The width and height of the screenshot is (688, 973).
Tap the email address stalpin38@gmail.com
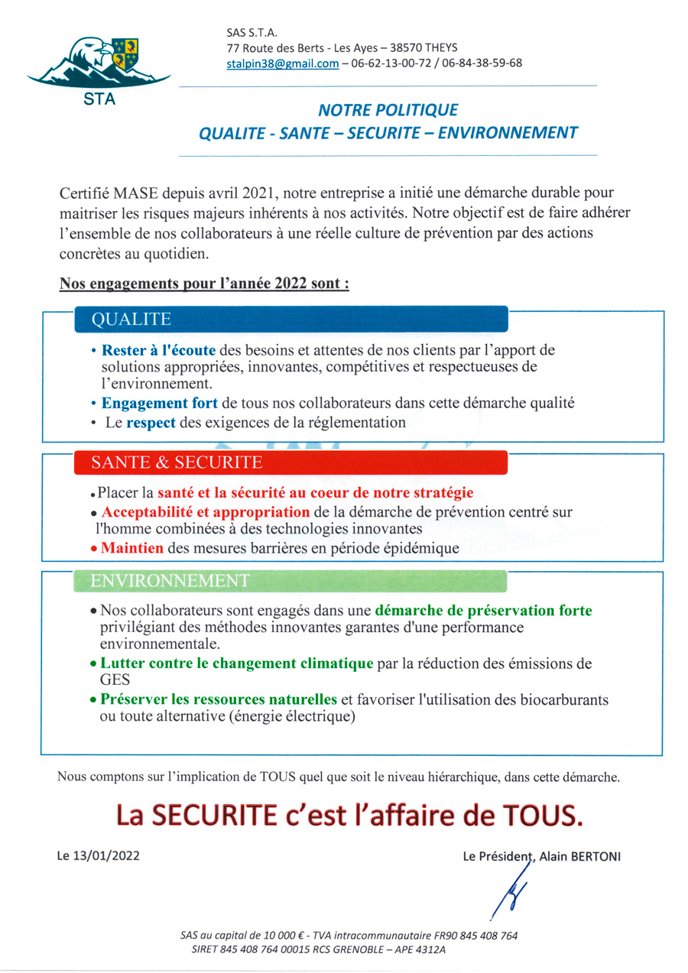(283, 63)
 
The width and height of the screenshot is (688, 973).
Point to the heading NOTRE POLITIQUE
(388, 110)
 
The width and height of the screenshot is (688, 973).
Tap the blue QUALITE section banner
(290, 319)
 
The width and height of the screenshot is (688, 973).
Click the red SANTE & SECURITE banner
(290, 462)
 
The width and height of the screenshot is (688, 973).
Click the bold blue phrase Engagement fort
(160, 403)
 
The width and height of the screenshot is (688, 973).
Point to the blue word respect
(151, 422)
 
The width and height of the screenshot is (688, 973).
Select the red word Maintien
(132, 547)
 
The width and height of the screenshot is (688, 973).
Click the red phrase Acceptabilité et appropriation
(205, 511)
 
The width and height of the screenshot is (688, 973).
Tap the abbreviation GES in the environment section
(115, 679)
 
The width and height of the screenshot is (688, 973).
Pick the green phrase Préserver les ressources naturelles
(219, 699)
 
